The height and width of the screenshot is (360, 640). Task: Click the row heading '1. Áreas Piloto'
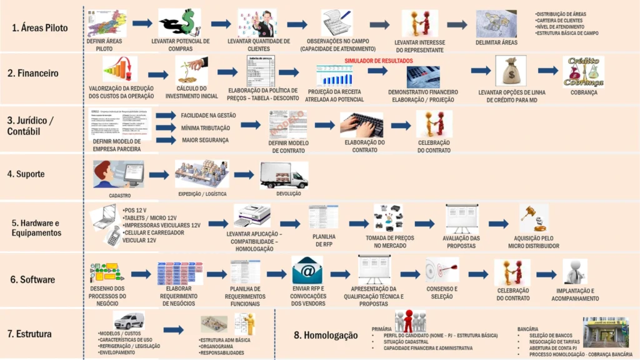pos(39,27)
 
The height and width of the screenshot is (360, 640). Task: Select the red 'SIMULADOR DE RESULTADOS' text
pos(378,61)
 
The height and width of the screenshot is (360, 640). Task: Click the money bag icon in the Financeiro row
pos(511,71)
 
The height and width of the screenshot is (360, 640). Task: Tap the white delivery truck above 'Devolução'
pos(284,175)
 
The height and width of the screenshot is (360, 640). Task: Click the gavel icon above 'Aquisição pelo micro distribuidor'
pos(533,217)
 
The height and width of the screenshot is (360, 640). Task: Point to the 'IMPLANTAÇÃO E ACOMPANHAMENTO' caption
pos(574,294)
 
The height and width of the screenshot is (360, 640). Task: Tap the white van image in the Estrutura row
pos(129,321)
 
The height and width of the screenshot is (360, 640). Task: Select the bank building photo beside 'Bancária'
pos(605,332)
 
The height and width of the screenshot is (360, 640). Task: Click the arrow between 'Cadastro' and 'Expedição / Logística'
pos(159,175)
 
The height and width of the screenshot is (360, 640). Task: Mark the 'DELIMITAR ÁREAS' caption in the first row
pos(496,42)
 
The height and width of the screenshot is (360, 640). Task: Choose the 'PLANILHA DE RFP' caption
pos(323,241)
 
